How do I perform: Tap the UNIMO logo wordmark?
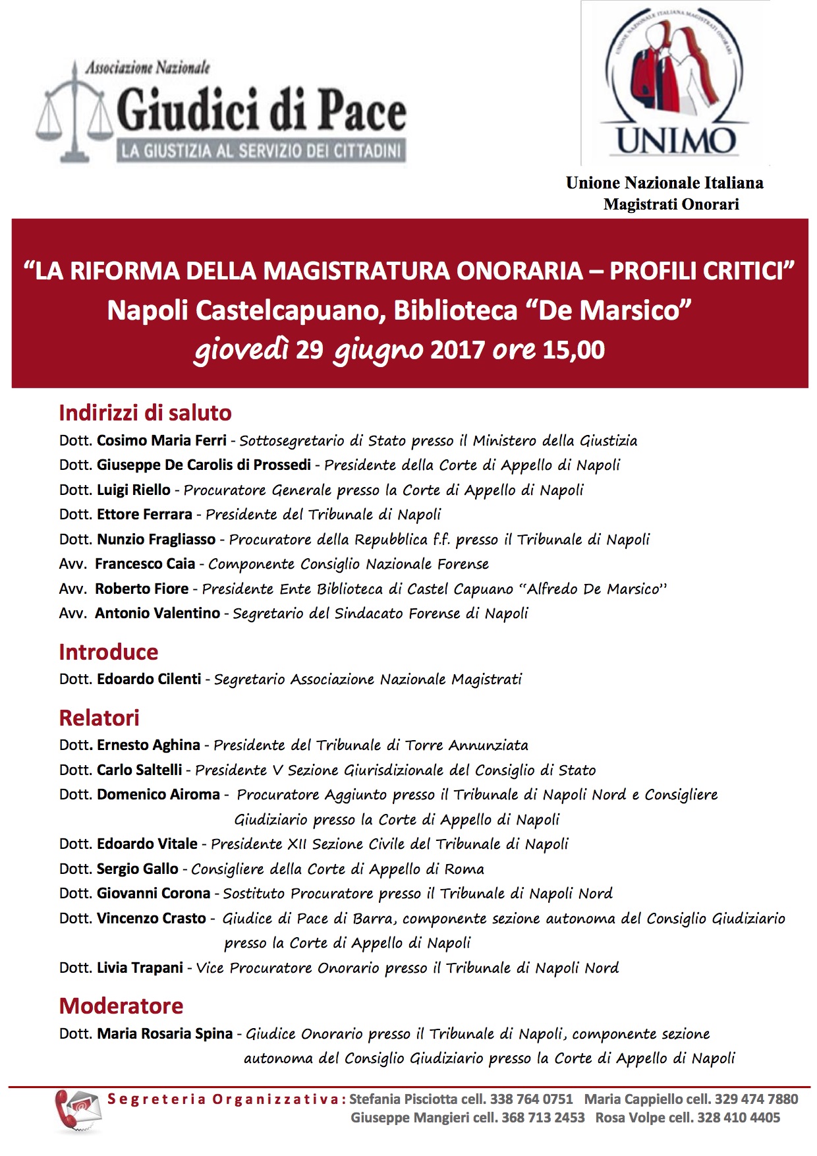pyautogui.click(x=675, y=140)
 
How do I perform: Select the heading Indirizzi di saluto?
pyautogui.click(x=145, y=413)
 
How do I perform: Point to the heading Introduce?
pyautogui.click(x=109, y=652)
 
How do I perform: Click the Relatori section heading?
pyautogui.click(x=99, y=718)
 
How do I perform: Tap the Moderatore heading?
pyautogui.click(x=121, y=1006)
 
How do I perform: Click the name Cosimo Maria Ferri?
pyautogui.click(x=161, y=440)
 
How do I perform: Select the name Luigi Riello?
pyautogui.click(x=134, y=490)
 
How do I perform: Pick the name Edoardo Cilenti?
pyautogui.click(x=149, y=679)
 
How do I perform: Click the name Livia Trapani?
pyautogui.click(x=140, y=968)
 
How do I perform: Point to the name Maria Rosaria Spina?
pyautogui.click(x=165, y=1033)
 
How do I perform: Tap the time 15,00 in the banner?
pyautogui.click(x=573, y=349)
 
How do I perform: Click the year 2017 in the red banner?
pyautogui.click(x=457, y=349)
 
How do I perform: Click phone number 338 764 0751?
pyautogui.click(x=531, y=1099)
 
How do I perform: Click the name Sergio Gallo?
pyautogui.click(x=138, y=869)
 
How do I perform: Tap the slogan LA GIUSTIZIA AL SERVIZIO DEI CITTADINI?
pyautogui.click(x=261, y=151)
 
